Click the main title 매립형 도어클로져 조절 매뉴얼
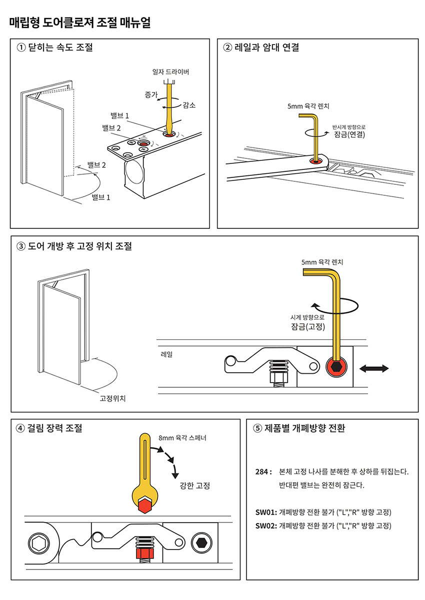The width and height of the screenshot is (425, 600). [x=80, y=22]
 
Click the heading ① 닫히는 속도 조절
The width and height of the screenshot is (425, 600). [x=55, y=48]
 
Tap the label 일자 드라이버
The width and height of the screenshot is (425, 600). [x=170, y=72]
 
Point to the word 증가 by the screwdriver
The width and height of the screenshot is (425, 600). [x=151, y=94]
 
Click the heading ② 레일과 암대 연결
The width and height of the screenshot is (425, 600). [x=261, y=48]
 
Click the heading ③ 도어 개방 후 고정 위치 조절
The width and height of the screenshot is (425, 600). [x=74, y=246]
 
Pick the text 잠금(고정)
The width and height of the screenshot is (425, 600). [x=307, y=327]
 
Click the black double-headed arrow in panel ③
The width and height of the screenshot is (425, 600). [x=374, y=369]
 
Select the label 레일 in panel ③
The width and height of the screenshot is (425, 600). [x=166, y=354]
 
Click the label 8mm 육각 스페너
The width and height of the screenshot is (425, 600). [x=182, y=438]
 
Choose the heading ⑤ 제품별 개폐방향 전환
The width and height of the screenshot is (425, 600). [x=299, y=428]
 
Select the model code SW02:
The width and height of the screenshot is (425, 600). [x=265, y=526]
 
